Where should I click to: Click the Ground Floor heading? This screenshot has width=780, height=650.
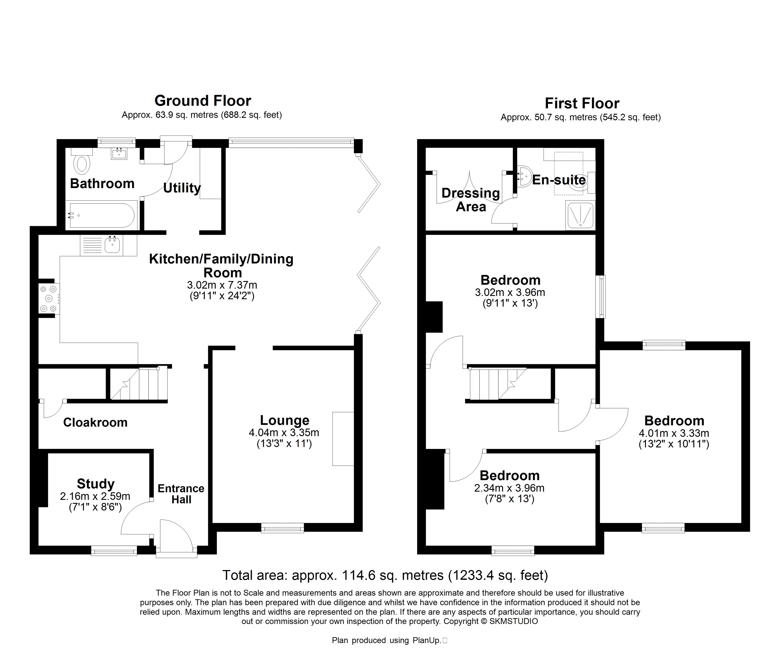[x=203, y=101]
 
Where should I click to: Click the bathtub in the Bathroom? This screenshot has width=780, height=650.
[x=102, y=215]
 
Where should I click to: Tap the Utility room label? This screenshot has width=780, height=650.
[x=182, y=188]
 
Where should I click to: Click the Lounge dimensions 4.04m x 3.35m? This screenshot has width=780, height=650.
[x=284, y=432]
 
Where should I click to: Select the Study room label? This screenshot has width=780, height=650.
[x=96, y=484]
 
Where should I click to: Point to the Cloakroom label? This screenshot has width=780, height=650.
[x=96, y=422]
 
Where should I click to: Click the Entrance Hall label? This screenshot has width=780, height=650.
[x=181, y=494]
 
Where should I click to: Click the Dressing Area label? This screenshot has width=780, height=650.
[x=471, y=200]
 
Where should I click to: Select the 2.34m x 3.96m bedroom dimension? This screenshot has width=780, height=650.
[x=510, y=488]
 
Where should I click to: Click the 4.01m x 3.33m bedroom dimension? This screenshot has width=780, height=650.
[x=674, y=433]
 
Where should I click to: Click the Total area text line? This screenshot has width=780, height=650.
[x=385, y=575]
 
